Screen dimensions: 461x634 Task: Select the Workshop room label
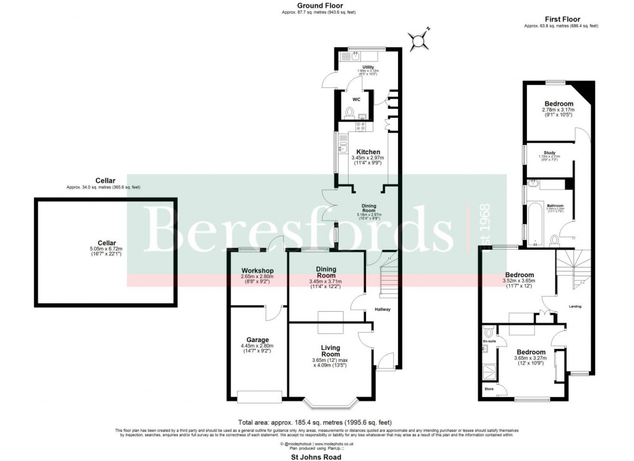(258, 271)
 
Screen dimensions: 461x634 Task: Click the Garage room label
(257, 340)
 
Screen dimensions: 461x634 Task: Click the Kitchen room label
(368, 152)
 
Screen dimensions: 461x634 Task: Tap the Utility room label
(368, 66)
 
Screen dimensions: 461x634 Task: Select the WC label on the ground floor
(356, 99)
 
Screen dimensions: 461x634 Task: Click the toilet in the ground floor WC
(350, 113)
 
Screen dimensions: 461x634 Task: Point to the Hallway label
(382, 310)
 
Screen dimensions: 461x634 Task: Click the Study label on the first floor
(549, 152)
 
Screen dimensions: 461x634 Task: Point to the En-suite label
(490, 341)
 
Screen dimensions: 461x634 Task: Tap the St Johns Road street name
(316, 456)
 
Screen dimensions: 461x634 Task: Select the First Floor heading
(560, 19)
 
